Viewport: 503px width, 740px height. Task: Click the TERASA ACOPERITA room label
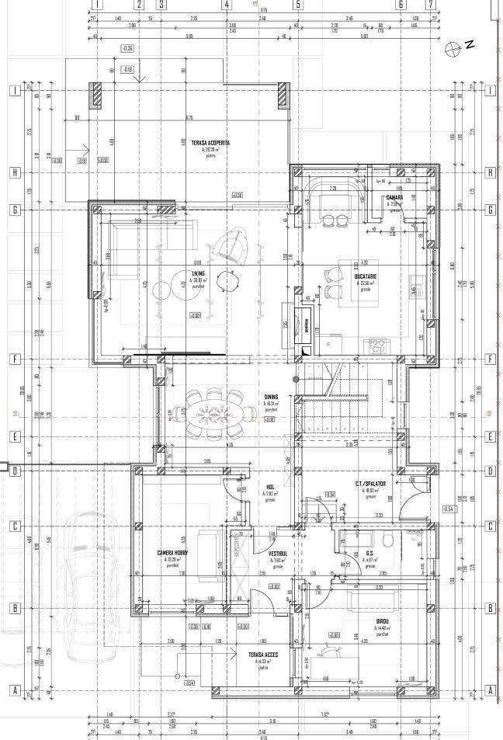point(210,143)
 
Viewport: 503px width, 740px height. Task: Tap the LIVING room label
point(199,273)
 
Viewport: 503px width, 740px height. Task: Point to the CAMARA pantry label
point(394,197)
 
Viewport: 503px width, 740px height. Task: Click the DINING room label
point(271,396)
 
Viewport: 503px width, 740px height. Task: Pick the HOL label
point(270,487)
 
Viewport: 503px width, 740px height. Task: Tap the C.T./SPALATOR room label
point(370,483)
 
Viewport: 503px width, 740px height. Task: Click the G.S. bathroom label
point(370,553)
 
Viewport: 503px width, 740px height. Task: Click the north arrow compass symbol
point(453,47)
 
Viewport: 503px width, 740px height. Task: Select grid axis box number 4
point(227,4)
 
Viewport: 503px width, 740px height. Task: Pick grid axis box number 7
point(430,4)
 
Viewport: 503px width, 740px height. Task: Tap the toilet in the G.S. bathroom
point(388,540)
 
